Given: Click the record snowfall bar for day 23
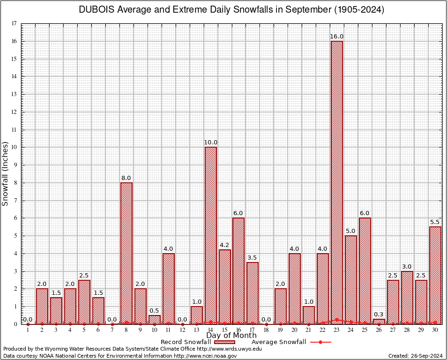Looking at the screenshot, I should click(337, 182).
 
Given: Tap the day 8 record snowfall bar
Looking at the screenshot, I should click(127, 253).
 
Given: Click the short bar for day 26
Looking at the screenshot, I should click(379, 322).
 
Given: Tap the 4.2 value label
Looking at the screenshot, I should click(225, 245).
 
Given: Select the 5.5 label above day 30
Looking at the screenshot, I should click(435, 222).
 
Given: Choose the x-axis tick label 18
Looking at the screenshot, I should click(267, 330).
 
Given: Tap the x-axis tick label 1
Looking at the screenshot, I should click(28, 330).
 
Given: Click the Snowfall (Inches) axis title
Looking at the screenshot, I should click(6, 173).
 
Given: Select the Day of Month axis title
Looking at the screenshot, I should click(231, 336).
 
